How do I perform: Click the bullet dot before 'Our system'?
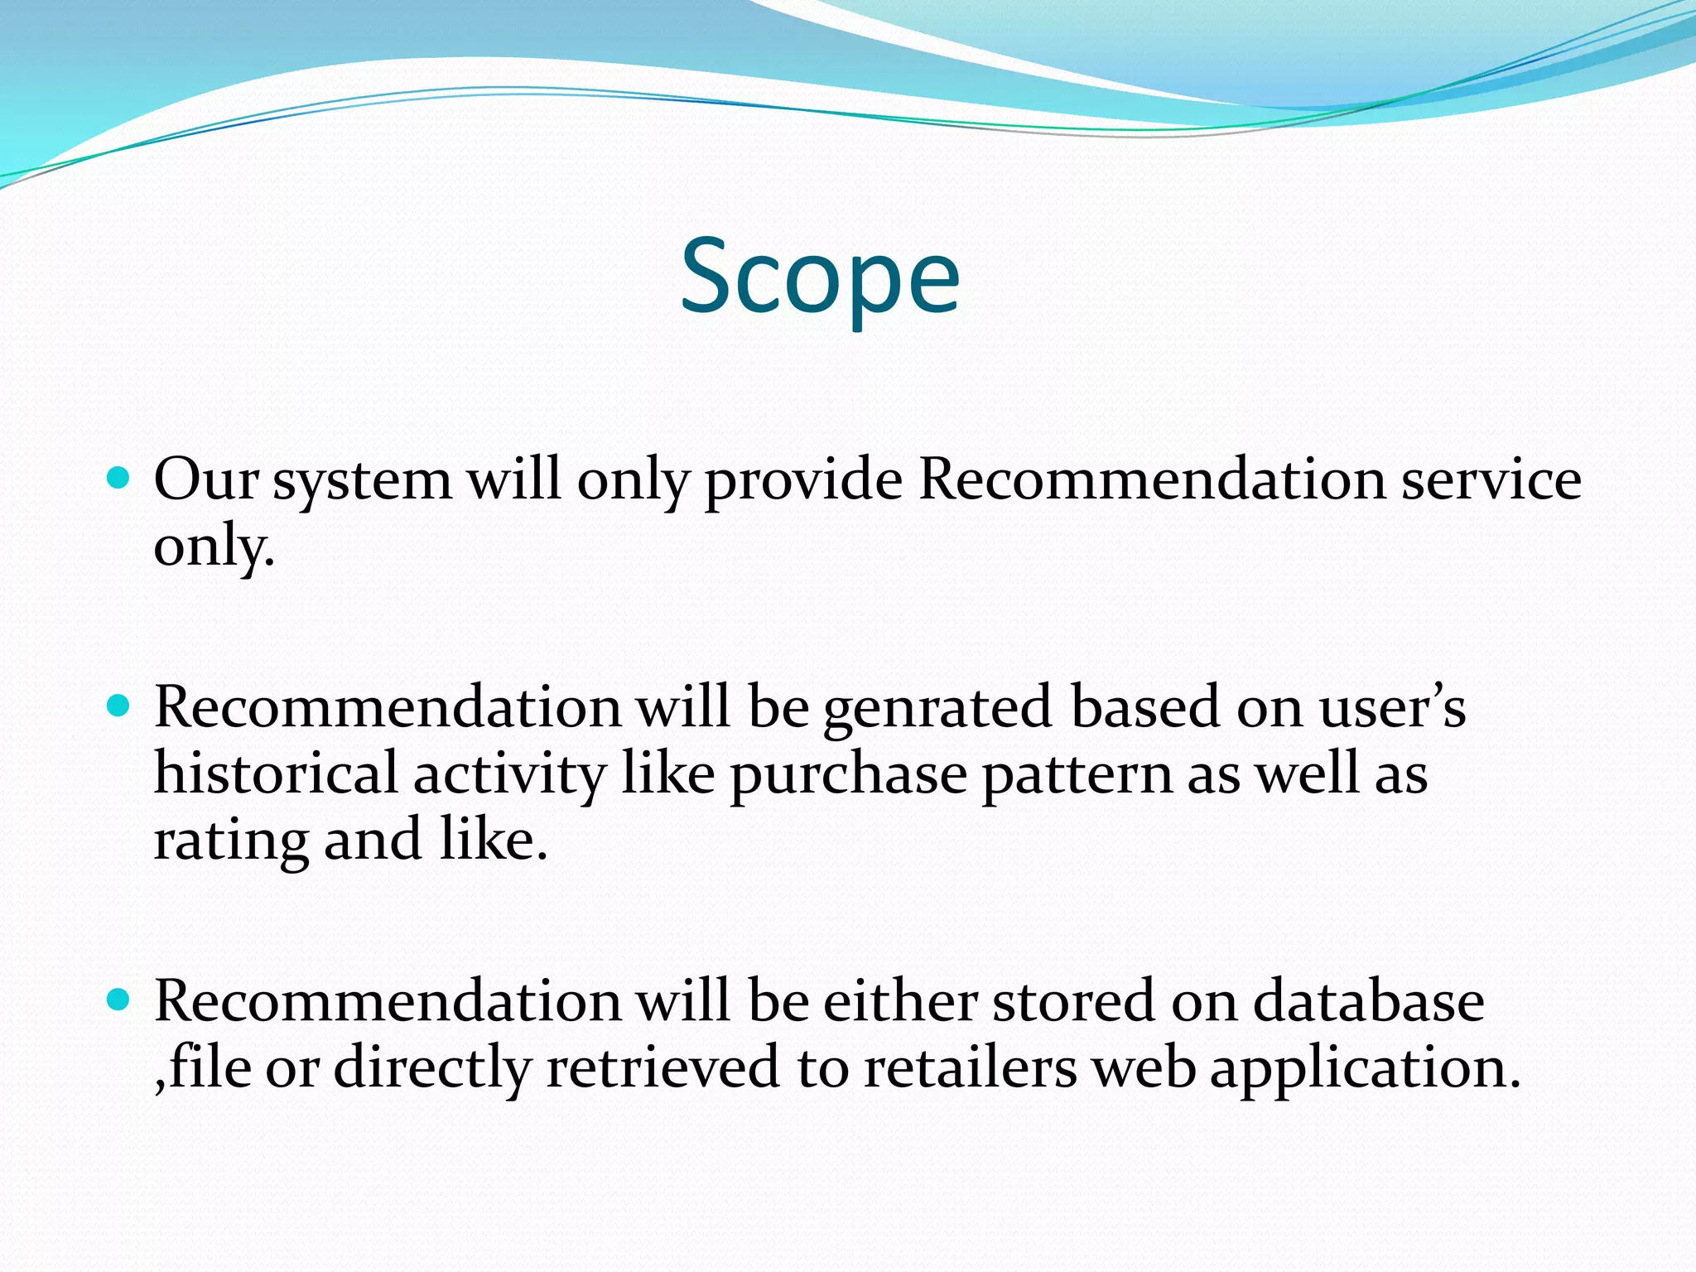[119, 478]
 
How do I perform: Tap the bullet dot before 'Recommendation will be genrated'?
[119, 706]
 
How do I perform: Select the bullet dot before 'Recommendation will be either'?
[119, 1000]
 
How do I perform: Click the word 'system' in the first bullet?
[363, 481]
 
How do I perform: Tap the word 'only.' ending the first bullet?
[214, 547]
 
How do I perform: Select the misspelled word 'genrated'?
[937, 709]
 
